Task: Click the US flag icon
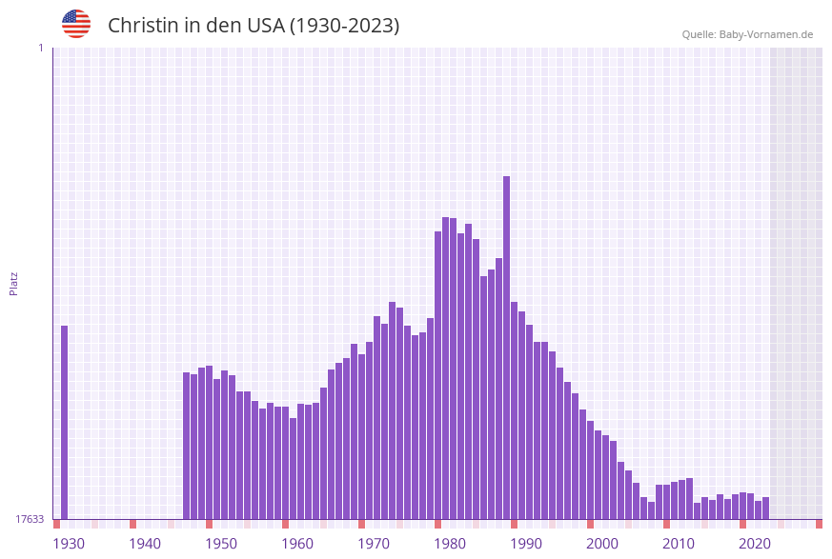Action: pyautogui.click(x=76, y=24)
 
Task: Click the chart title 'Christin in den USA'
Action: pyautogui.click(x=253, y=26)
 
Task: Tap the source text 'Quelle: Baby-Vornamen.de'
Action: pyautogui.click(x=747, y=34)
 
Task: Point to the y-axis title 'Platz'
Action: pyautogui.click(x=14, y=283)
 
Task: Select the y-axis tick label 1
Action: pyautogui.click(x=40, y=48)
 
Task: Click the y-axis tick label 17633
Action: pyautogui.click(x=30, y=519)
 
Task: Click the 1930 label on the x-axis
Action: pyautogui.click(x=69, y=543)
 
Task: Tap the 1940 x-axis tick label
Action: pyautogui.click(x=145, y=543)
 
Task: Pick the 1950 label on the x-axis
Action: pyautogui.click(x=221, y=543)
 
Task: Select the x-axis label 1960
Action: pyautogui.click(x=297, y=543)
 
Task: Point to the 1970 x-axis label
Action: pyautogui.click(x=374, y=543)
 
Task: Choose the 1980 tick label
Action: pyautogui.click(x=450, y=543)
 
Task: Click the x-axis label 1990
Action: pyautogui.click(x=526, y=543)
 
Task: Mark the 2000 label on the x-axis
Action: pyautogui.click(x=602, y=543)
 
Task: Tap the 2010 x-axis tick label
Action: pyautogui.click(x=679, y=543)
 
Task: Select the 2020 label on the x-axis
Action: pyautogui.click(x=755, y=543)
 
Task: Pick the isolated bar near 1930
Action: pyautogui.click(x=65, y=422)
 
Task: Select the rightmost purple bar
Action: pyautogui.click(x=766, y=508)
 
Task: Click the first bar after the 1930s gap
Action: pyautogui.click(x=187, y=446)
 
